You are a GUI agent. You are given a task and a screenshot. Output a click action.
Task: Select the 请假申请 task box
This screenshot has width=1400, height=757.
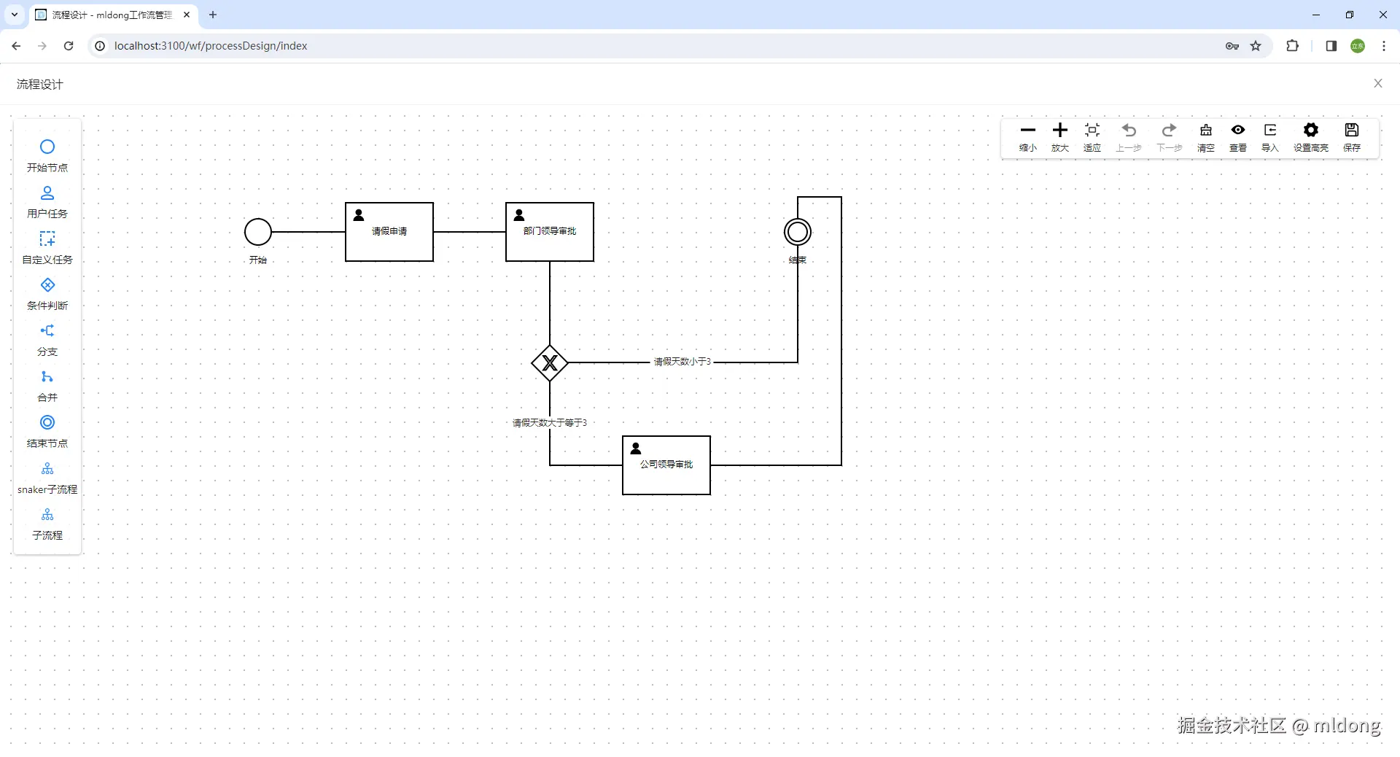click(x=389, y=232)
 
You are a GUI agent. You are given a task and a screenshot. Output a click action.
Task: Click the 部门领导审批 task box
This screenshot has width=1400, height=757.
click(x=550, y=232)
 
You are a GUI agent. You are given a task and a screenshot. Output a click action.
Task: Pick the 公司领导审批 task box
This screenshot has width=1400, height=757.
click(x=666, y=465)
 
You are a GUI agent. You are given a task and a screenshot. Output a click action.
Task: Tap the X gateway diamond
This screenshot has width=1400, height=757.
click(x=550, y=362)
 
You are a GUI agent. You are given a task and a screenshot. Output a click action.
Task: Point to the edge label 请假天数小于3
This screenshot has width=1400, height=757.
click(x=682, y=362)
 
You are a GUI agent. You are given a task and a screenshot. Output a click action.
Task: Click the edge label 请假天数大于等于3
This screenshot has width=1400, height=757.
click(x=550, y=423)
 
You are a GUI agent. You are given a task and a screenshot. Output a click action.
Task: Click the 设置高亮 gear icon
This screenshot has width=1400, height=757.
click(x=1311, y=131)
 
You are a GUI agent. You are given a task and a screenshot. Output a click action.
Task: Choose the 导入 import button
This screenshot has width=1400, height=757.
click(x=1270, y=137)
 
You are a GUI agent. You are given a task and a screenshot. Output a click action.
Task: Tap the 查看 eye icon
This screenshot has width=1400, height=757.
click(x=1238, y=130)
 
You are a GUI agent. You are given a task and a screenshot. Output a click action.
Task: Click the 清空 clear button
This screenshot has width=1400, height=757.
click(x=1206, y=137)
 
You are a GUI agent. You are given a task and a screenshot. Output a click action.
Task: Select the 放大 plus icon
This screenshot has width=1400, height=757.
click(x=1060, y=131)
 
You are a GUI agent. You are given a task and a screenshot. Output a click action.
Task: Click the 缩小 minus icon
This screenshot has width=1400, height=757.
click(x=1028, y=131)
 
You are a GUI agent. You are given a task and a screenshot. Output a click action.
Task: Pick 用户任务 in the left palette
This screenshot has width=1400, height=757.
click(x=47, y=202)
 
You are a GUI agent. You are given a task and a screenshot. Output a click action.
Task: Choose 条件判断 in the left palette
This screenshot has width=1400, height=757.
click(x=47, y=294)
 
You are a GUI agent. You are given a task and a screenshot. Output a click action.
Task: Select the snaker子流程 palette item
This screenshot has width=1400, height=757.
click(x=47, y=478)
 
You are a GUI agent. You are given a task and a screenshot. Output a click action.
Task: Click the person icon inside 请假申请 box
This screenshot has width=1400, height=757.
click(x=359, y=215)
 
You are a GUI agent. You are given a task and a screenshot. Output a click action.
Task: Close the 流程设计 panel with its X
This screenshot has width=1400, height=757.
click(x=1378, y=84)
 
